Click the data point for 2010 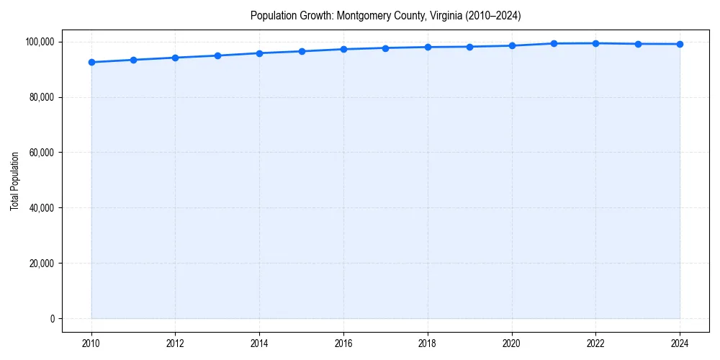coord(91,62)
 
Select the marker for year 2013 coord(217,55)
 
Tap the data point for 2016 coord(343,49)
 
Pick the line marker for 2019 coord(469,47)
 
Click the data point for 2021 coord(554,43)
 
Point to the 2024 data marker coord(680,44)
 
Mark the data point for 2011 coord(133,60)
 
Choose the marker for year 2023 coord(638,44)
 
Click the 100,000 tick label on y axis coord(40,42)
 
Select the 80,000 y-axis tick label coord(42,97)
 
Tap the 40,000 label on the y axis coord(42,208)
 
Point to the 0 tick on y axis coord(52,319)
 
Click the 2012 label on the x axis coord(175,343)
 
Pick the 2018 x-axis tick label coord(428,343)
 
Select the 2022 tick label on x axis coord(595,343)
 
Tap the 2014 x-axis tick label coord(259,343)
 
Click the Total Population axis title coord(14,181)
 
